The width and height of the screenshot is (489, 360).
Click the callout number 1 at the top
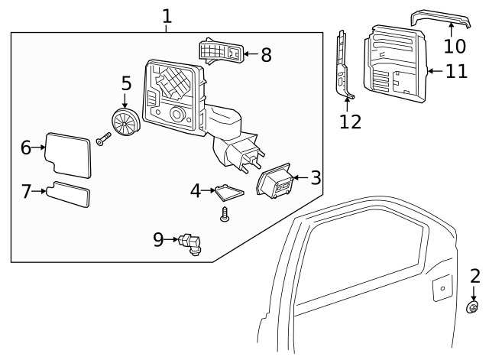[167, 15]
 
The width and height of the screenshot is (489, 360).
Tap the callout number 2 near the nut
[474, 277]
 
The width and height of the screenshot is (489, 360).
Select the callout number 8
[266, 55]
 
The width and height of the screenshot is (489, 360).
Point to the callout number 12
[351, 121]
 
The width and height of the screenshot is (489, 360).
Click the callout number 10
[455, 47]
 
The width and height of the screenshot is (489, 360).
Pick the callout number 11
[457, 73]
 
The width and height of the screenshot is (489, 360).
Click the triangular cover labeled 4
[228, 190]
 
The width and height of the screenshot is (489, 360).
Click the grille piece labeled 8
[222, 52]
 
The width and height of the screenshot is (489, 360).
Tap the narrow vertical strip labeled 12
[345, 65]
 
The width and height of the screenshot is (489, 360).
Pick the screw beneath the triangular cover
[225, 216]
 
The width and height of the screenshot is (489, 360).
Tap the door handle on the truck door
[441, 289]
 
